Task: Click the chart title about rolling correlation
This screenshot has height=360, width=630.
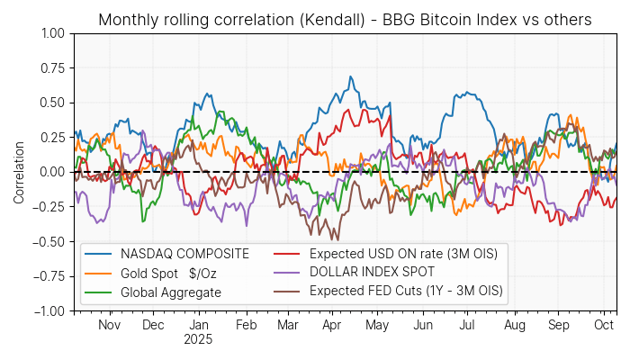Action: click(x=345, y=19)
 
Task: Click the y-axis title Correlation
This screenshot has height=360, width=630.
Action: click(x=19, y=171)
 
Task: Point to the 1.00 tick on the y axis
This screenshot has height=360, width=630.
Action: click(x=52, y=33)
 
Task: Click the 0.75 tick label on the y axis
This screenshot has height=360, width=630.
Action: click(x=52, y=67)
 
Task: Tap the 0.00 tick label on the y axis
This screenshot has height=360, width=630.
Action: click(x=52, y=172)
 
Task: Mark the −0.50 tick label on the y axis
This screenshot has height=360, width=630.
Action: click(x=49, y=241)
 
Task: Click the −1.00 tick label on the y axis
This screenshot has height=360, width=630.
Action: click(x=49, y=310)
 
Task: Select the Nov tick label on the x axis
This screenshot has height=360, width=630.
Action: click(x=109, y=325)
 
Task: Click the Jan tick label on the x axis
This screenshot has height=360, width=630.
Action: click(x=199, y=325)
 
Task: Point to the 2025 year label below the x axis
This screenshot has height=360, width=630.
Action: click(x=199, y=340)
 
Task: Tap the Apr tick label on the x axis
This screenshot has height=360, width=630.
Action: click(x=331, y=325)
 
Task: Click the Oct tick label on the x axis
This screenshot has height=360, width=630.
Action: click(x=603, y=325)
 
